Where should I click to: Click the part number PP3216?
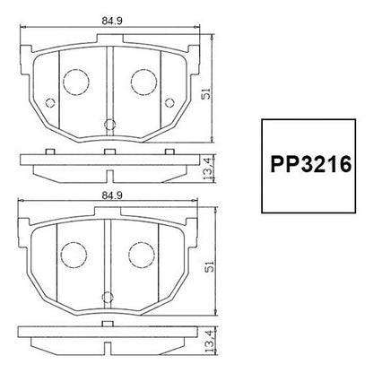[310, 164]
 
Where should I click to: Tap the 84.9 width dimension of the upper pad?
[112, 21]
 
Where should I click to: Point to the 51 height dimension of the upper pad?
[206, 93]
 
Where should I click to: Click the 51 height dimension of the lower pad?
[210, 266]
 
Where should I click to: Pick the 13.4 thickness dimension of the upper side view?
[208, 168]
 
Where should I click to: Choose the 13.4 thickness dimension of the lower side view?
[210, 341]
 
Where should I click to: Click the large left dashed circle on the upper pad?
[76, 82]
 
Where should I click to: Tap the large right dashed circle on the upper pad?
[144, 82]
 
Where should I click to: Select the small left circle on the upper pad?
[50, 103]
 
